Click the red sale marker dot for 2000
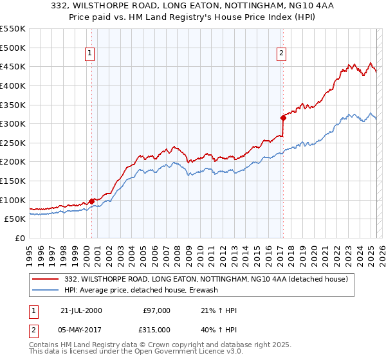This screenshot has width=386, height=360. click(91, 201)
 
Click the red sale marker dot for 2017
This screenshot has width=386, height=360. click(282, 117)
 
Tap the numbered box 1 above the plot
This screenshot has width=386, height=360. click(89, 54)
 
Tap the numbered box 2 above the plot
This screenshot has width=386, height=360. click(282, 54)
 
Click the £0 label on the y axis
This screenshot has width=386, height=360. click(21, 238)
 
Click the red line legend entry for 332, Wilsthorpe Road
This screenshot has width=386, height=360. click(206, 279)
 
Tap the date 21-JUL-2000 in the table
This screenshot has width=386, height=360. click(81, 310)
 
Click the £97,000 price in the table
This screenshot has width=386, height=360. click(157, 310)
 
